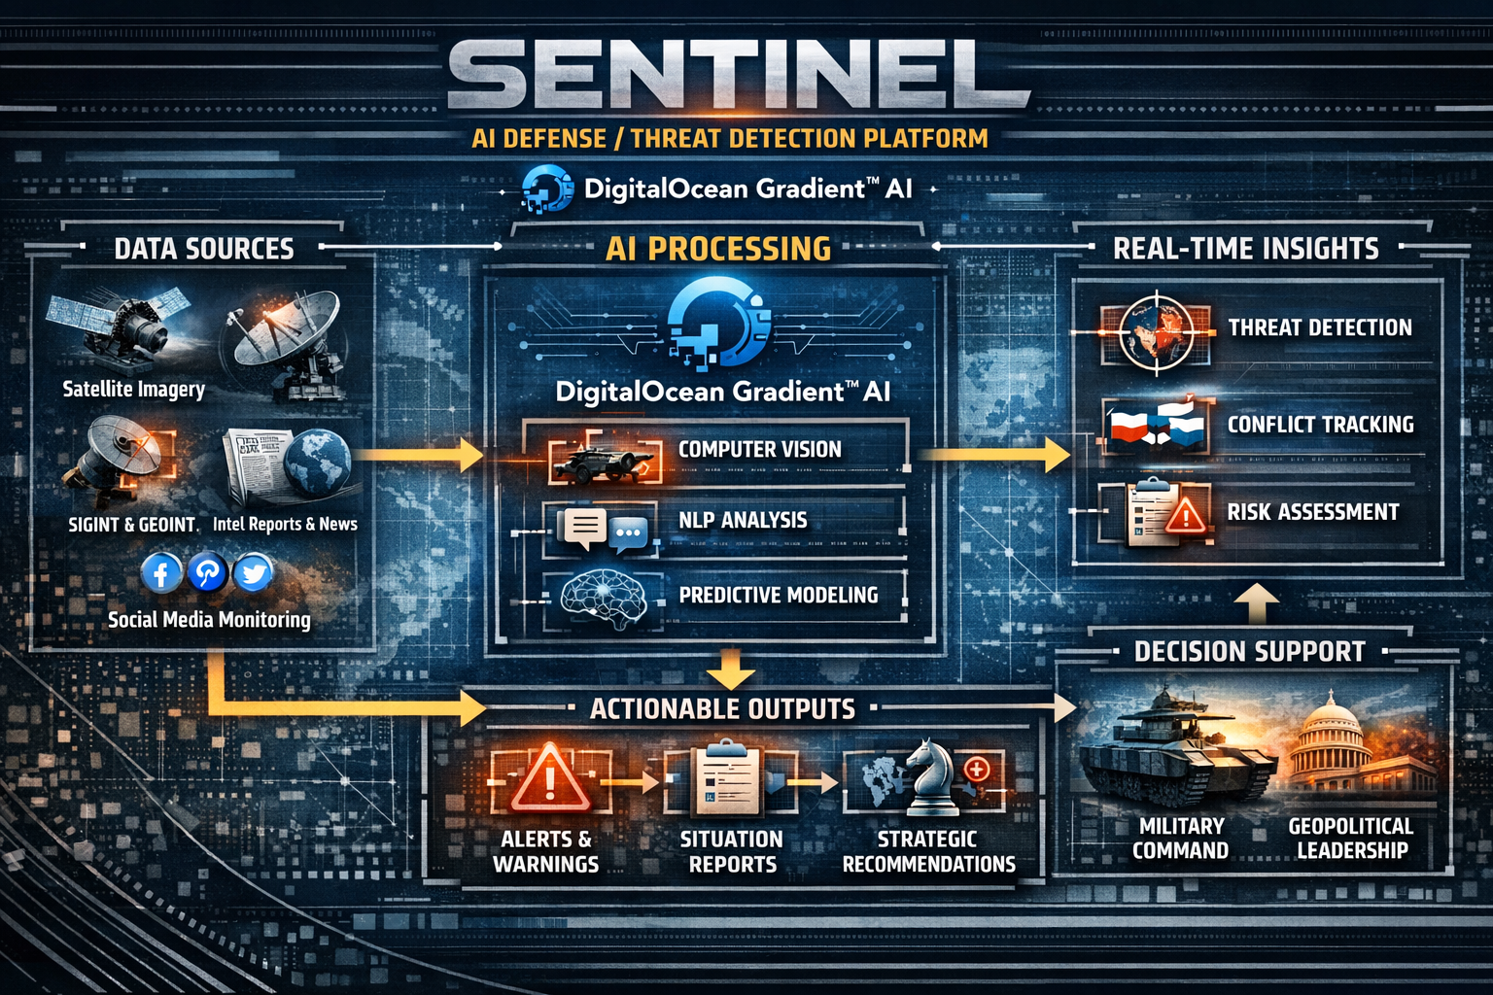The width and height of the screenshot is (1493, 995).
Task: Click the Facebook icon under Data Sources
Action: tap(160, 572)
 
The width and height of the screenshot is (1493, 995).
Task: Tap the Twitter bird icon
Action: tap(254, 572)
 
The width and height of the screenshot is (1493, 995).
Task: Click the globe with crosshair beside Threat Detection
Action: tap(1156, 332)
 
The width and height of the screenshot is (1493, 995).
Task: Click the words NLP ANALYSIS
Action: tap(743, 520)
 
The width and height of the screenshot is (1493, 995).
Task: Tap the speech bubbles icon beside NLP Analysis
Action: tap(603, 530)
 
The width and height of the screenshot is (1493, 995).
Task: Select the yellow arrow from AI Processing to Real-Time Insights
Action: tap(994, 455)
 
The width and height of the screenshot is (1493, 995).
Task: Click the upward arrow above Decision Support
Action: tap(1257, 603)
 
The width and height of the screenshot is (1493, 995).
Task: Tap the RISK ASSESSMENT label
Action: tap(1313, 512)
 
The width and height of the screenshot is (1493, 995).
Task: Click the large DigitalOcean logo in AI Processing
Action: tap(719, 323)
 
